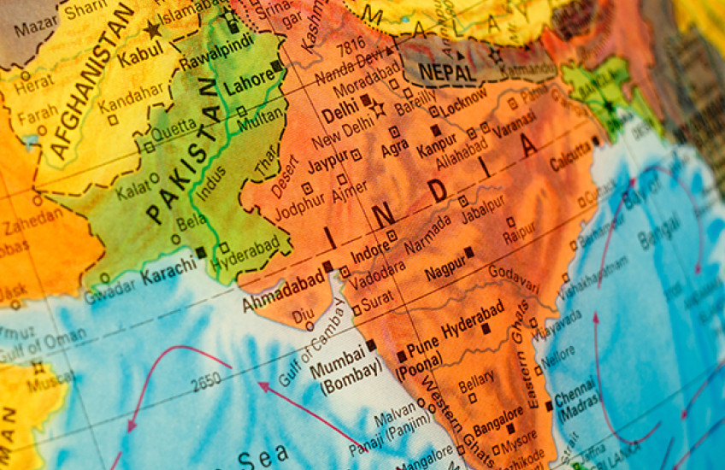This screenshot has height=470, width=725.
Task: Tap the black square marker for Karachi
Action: click(201, 253)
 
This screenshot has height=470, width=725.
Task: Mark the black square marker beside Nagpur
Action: click(469, 253)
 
